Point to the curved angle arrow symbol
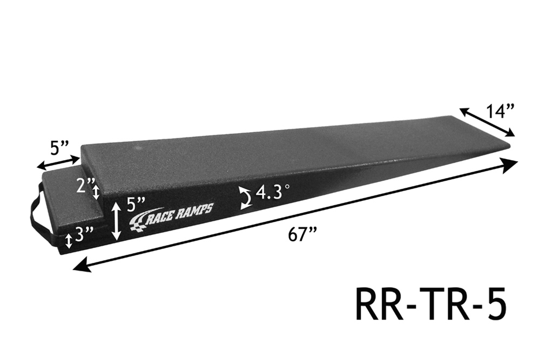click(x=246, y=199)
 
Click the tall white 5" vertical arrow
click(x=117, y=221)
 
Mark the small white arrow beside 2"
click(x=97, y=192)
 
